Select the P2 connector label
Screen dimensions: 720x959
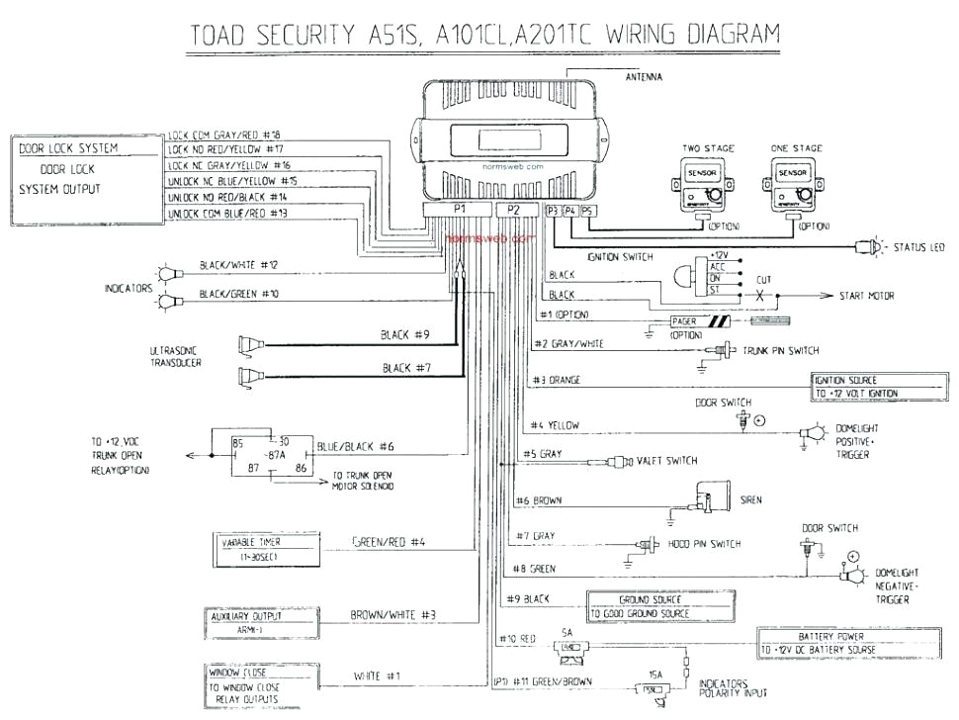click(512, 210)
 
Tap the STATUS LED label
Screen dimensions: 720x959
click(920, 245)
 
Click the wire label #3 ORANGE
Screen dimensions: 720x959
click(556, 380)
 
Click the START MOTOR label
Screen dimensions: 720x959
click(870, 296)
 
